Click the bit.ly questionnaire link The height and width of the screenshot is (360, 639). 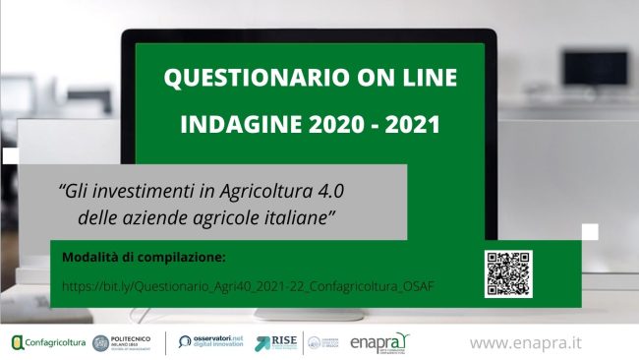point(249,285)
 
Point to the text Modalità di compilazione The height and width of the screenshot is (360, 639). point(144,258)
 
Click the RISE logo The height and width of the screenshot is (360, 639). point(276,342)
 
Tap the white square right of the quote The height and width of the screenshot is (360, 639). point(590,231)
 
